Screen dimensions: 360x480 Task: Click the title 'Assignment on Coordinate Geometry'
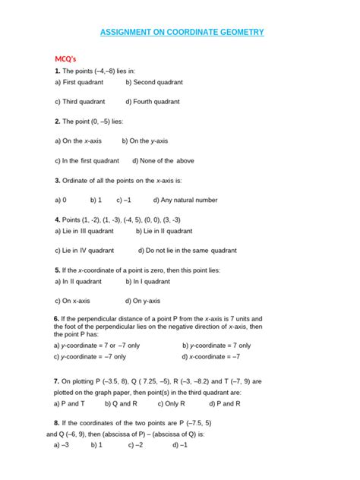tap(182, 33)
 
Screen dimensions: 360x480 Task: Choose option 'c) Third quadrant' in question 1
tap(80, 101)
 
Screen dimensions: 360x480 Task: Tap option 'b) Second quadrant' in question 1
tap(154, 81)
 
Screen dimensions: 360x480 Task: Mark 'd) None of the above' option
tap(163, 160)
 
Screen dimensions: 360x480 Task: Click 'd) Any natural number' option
tap(185, 200)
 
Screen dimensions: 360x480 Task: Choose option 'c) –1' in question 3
tap(124, 200)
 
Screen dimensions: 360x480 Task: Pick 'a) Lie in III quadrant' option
tap(84, 231)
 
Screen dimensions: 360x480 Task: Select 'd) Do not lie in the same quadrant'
tap(187, 250)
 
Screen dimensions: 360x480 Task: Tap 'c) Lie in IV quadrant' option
tap(84, 250)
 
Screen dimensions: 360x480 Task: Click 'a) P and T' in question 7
tap(70, 403)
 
